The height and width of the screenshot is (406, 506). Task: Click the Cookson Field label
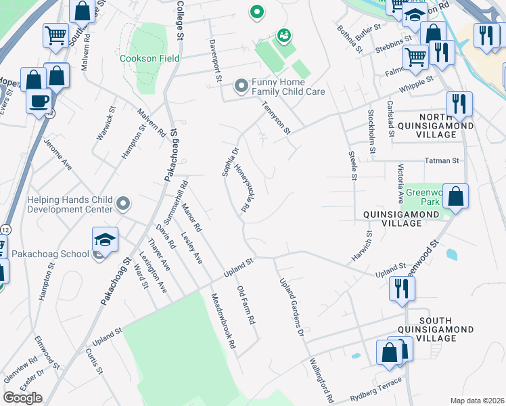point(149,58)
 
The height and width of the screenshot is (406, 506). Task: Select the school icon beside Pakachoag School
point(105,240)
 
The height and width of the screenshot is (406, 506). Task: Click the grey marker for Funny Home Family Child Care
point(241,86)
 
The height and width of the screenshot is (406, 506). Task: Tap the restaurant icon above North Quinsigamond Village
point(459,104)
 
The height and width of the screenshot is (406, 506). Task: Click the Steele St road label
point(352,166)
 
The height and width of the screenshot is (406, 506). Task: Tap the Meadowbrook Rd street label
point(223,321)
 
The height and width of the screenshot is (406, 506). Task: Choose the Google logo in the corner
point(22,397)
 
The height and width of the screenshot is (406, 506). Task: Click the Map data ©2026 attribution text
point(477,401)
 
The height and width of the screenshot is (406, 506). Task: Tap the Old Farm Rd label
point(245,304)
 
